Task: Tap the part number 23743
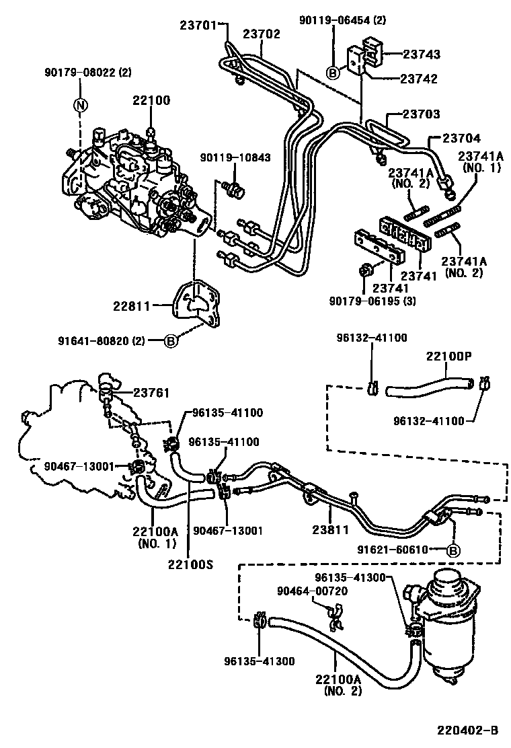(x=421, y=54)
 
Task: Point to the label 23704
(x=461, y=139)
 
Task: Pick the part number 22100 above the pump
(x=151, y=100)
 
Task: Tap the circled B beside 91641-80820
(x=171, y=341)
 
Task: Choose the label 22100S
(x=191, y=564)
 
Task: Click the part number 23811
(x=329, y=530)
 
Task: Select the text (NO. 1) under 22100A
(x=155, y=543)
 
